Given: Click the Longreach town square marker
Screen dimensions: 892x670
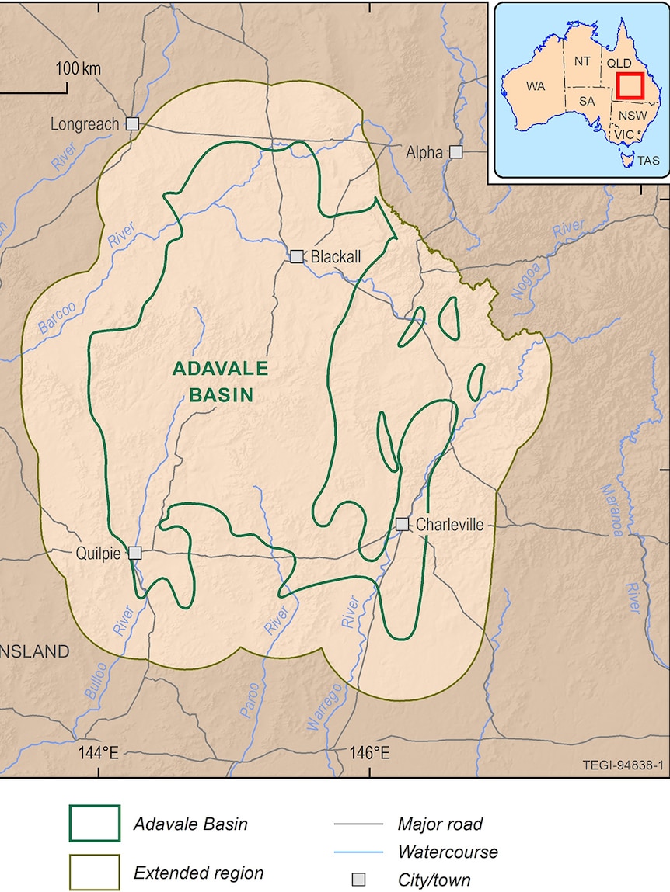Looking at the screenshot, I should click(x=133, y=123).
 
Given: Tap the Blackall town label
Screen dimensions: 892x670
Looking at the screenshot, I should click(x=336, y=256).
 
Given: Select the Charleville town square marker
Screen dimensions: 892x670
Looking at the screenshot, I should click(x=402, y=524).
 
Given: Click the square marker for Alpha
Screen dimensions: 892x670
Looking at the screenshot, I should click(x=456, y=152).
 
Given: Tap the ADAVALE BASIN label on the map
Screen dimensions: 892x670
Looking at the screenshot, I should click(x=220, y=381).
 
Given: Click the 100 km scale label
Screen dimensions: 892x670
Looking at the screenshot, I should click(x=79, y=68).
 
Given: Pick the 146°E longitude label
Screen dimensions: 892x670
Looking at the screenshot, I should click(x=369, y=752).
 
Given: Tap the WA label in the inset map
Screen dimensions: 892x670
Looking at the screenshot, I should click(x=536, y=86).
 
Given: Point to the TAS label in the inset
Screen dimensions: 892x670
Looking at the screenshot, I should click(x=648, y=161).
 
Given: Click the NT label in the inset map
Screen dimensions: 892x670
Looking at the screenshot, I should click(x=582, y=61).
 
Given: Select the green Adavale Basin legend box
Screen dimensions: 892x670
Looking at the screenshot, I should click(x=95, y=824).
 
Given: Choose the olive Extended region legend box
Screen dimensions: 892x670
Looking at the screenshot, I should click(x=95, y=873).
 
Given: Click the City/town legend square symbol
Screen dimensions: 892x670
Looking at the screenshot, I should click(x=358, y=880).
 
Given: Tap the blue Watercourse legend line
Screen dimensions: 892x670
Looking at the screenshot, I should click(x=358, y=852).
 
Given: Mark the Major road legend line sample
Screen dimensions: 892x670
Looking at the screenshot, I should click(x=358, y=824).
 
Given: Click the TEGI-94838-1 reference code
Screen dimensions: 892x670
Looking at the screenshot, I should click(x=623, y=765).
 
